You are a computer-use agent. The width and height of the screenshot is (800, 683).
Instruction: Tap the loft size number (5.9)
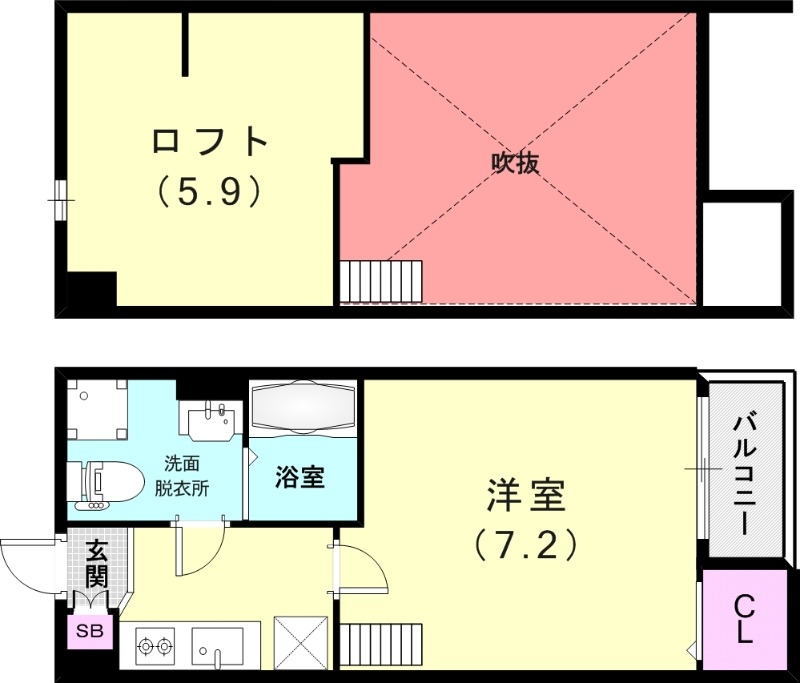coord(210,190)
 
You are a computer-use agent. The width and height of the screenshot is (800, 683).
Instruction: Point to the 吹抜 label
coord(515,163)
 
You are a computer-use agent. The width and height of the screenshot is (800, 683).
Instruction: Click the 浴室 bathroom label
coord(299,477)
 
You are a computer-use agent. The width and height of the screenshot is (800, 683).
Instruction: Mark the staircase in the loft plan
coord(380,280)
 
